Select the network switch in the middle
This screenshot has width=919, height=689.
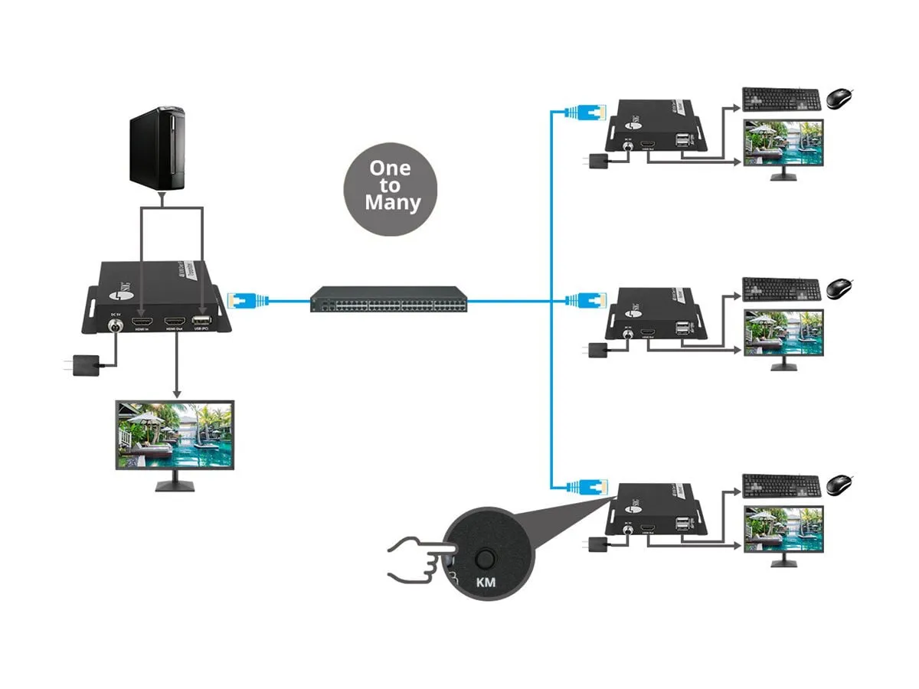(389, 299)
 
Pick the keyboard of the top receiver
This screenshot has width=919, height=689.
(782, 99)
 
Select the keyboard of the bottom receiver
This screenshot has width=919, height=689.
(782, 485)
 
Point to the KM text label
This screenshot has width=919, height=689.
(486, 583)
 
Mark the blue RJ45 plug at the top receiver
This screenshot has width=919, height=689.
(590, 112)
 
